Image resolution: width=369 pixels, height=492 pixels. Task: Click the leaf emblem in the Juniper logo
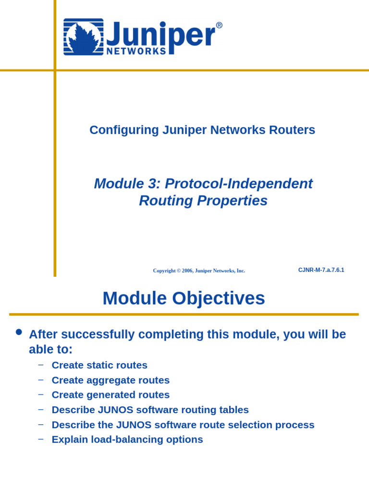click(x=83, y=37)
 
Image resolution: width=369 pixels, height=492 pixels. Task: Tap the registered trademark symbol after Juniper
click(x=219, y=25)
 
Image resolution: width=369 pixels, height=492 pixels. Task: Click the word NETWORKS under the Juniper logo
click(x=136, y=51)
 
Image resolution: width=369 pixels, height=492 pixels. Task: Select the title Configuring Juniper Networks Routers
click(x=202, y=130)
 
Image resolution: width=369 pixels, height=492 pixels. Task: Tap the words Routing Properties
click(x=203, y=200)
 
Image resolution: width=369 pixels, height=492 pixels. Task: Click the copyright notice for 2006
click(x=199, y=271)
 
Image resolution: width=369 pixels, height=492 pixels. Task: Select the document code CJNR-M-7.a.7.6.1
click(x=321, y=270)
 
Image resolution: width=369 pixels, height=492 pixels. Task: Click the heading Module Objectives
click(x=184, y=298)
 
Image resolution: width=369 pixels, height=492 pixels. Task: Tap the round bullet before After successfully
click(x=19, y=332)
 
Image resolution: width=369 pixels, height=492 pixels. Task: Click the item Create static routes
click(x=99, y=365)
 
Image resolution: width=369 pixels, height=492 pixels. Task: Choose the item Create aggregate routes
click(x=111, y=380)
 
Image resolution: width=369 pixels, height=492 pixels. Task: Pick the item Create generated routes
click(x=111, y=395)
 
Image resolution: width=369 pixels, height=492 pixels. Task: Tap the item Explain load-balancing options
click(x=127, y=440)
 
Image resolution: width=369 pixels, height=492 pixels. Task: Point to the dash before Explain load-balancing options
click(x=41, y=439)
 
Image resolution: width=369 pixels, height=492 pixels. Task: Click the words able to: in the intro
click(x=50, y=349)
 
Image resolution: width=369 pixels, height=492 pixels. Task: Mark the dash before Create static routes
click(x=41, y=365)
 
